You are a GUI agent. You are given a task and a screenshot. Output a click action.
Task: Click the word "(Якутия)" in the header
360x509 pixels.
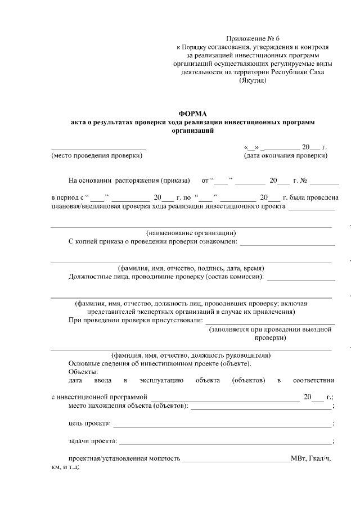click(x=253, y=80)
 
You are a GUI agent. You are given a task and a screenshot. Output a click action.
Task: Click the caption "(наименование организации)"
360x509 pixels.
click(x=191, y=233)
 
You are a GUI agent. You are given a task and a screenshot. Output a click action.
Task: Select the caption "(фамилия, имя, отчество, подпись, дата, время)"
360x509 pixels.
click(x=191, y=268)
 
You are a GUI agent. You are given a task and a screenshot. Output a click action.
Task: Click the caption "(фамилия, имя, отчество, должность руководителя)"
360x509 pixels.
click(x=191, y=355)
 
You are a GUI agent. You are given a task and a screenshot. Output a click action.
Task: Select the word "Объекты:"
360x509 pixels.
click(x=83, y=372)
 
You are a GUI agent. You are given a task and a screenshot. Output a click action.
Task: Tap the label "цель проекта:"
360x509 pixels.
click(x=89, y=423)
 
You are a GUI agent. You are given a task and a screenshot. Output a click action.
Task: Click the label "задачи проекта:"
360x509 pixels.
click(x=93, y=440)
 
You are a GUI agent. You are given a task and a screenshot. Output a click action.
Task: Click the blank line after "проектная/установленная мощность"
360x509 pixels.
click(x=236, y=461)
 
